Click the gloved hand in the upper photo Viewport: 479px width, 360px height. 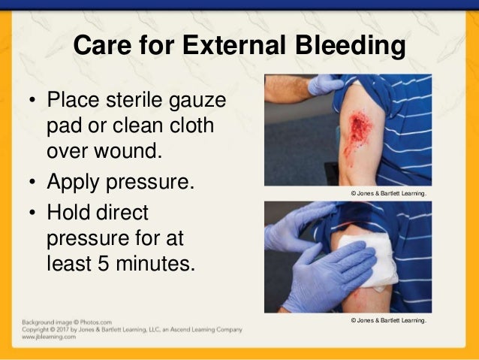(324, 84)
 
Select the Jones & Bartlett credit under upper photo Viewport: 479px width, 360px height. (388, 194)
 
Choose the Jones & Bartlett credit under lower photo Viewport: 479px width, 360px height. (388, 320)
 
